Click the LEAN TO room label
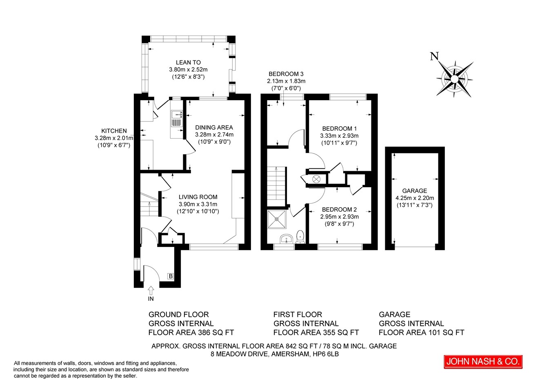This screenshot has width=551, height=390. coord(188,63)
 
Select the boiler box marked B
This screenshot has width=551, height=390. coord(171,276)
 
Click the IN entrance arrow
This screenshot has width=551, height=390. coord(151,291)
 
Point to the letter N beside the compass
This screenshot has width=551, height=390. coord(434,56)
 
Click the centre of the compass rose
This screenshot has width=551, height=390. coord(455,79)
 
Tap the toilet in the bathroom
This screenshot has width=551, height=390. coord(300,237)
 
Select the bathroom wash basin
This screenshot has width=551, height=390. coord(287,238)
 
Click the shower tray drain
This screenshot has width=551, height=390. coord(277,219)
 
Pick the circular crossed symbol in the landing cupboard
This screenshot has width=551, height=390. coord(316,179)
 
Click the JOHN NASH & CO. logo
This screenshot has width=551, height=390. coord(483,362)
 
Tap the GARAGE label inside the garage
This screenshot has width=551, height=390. coord(415,191)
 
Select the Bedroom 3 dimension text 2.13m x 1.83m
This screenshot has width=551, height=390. coord(286,81)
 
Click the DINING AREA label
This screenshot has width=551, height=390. coord(214,128)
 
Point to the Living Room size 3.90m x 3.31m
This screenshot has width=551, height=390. coord(198,204)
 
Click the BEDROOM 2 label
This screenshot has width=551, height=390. coord(339,210)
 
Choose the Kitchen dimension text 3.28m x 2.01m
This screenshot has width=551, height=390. coord(114,138)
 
